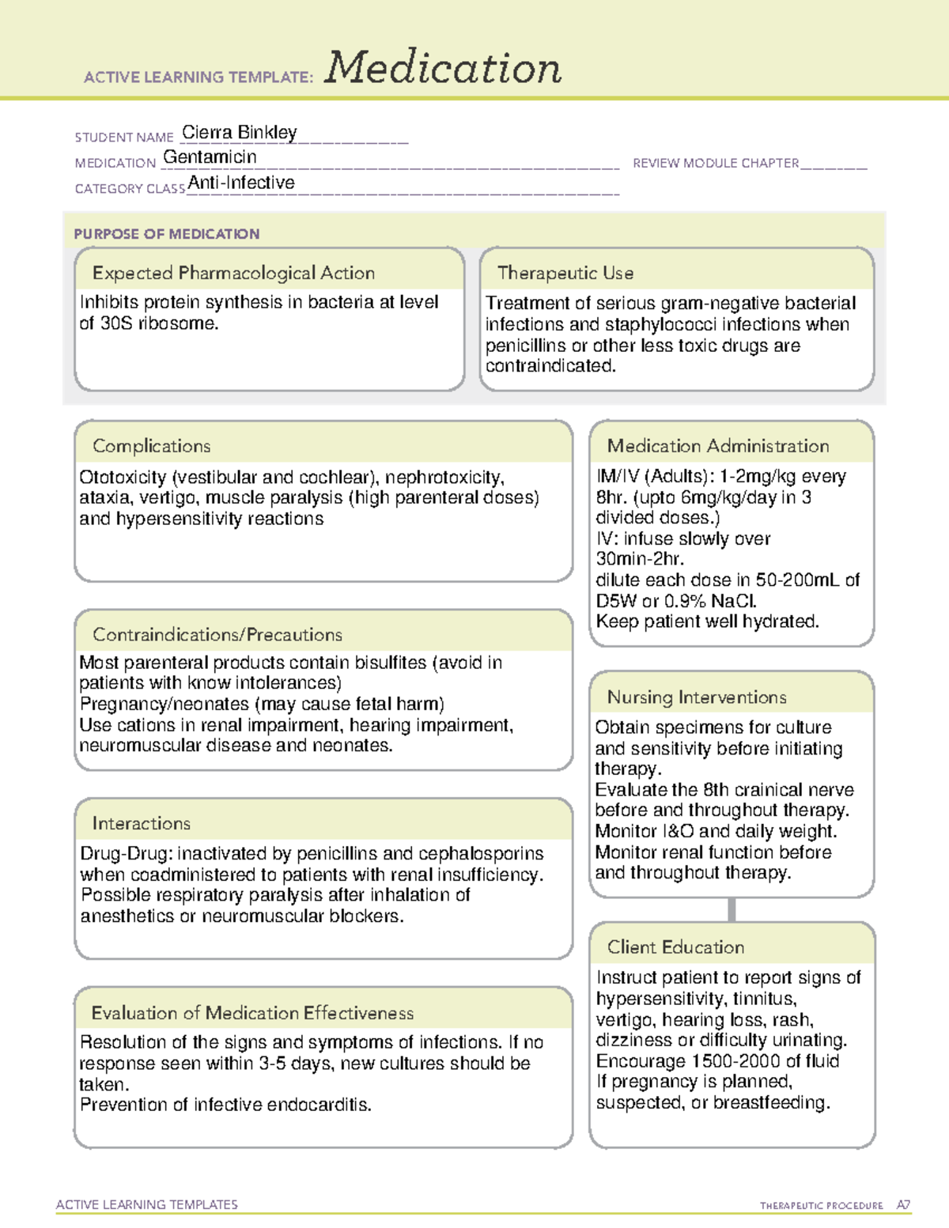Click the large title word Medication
point(443,68)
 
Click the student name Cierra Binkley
point(239,132)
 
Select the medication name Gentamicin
point(210,157)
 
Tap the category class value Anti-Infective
point(241,183)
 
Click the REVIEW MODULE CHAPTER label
point(716,163)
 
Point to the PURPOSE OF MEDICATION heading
point(167,234)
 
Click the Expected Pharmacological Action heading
point(233,273)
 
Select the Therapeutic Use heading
point(565,273)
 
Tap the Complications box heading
point(152,446)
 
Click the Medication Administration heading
point(718,446)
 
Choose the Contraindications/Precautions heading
point(217,634)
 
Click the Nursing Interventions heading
point(697,697)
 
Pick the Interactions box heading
point(142,823)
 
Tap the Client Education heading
point(676,947)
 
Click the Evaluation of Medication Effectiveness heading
point(252,1013)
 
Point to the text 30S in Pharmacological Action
point(116,323)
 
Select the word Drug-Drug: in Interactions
point(126,854)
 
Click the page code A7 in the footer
point(903,1205)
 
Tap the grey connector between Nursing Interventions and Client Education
point(732,909)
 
